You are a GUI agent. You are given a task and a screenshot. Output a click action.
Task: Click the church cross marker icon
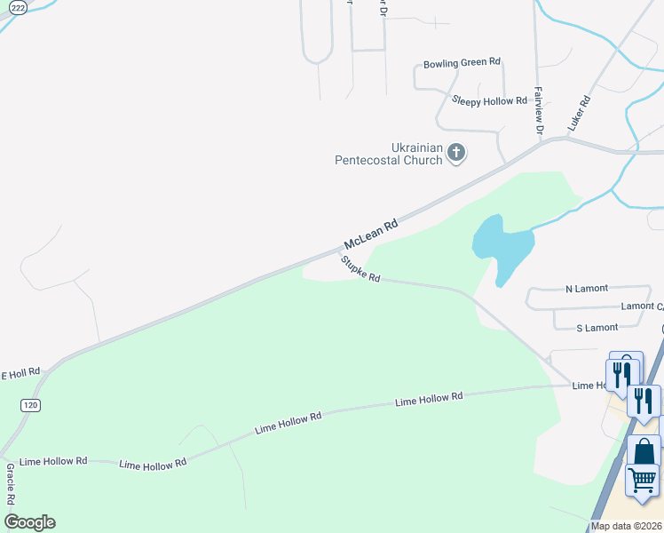(456, 153)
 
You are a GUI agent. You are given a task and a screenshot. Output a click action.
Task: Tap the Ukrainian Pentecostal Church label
(389, 154)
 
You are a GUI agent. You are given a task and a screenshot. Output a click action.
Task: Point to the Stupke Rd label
(360, 269)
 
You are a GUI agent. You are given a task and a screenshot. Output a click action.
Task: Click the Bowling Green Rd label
(462, 63)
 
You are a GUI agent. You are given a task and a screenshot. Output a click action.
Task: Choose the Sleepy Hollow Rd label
(489, 101)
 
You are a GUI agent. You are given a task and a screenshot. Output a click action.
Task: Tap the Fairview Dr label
(539, 111)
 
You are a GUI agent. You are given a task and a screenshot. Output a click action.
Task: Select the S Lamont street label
(597, 328)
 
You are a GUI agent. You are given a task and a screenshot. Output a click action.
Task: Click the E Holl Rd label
(20, 372)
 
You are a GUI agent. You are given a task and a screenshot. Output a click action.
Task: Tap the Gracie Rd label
(10, 481)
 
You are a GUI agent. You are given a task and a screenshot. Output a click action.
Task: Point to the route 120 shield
(30, 405)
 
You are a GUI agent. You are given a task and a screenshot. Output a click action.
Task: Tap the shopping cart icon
(642, 479)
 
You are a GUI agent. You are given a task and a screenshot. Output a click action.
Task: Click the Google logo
(29, 522)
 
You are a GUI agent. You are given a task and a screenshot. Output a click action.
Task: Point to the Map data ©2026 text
(627, 526)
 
